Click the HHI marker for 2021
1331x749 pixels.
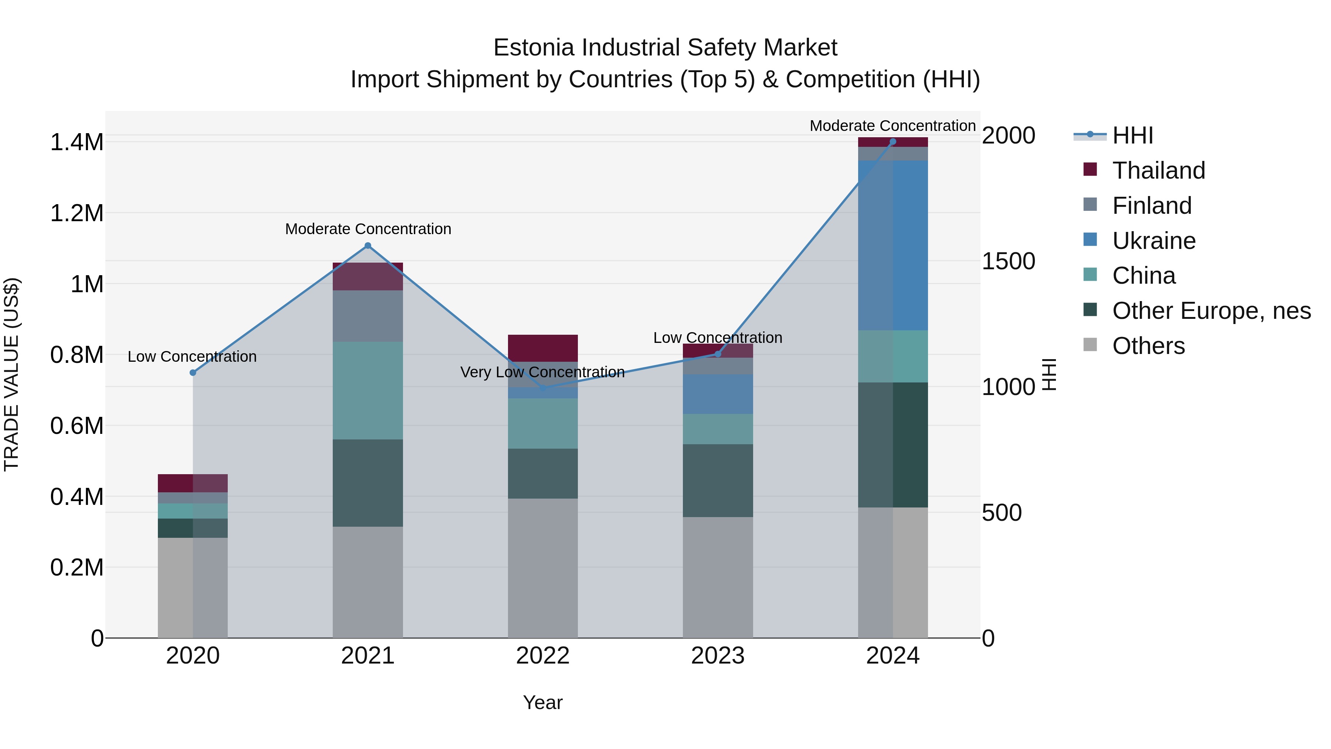tap(368, 246)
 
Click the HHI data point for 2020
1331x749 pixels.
tap(193, 373)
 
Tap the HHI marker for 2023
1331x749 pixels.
tap(718, 354)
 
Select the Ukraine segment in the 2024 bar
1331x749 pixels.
tap(893, 246)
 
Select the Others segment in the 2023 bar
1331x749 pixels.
tap(718, 577)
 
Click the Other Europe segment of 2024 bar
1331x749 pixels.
tap(893, 445)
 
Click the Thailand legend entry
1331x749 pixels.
tap(1158, 171)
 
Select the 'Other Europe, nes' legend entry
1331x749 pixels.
tap(1211, 311)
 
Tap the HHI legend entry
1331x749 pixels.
tap(1132, 135)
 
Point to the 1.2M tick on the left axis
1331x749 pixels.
tap(77, 213)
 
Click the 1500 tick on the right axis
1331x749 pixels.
tap(1008, 261)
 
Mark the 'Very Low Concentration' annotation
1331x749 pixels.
tap(542, 372)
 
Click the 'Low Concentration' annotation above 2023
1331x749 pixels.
tap(718, 338)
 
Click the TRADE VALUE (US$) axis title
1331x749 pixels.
tap(11, 374)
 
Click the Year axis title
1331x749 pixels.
tap(542, 702)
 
